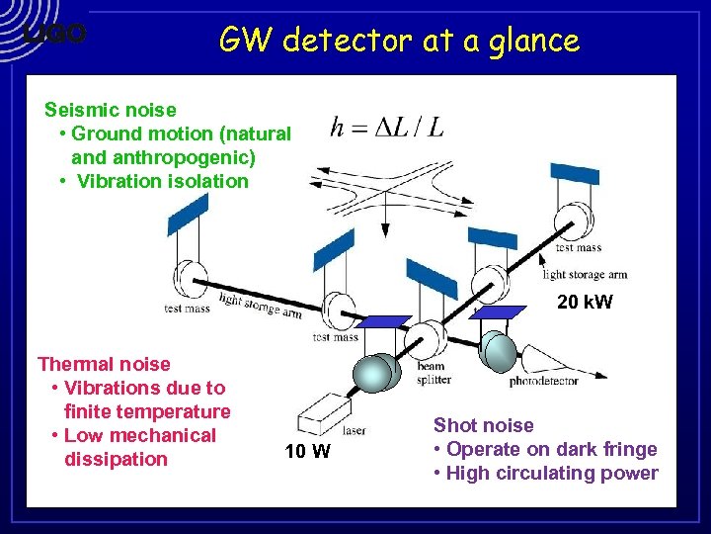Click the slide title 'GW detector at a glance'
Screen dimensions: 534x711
[399, 41]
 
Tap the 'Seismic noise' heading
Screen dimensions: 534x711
[111, 110]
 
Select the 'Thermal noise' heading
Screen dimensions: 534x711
[104, 364]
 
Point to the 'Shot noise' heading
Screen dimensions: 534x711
[483, 425]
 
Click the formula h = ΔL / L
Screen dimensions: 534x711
[387, 128]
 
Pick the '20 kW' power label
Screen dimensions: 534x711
[585, 302]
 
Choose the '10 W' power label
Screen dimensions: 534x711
[308, 452]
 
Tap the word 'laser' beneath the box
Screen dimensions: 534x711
[354, 430]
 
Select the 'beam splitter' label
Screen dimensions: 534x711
[434, 373]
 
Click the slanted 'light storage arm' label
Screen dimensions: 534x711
[261, 308]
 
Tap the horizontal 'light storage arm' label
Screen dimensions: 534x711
[585, 274]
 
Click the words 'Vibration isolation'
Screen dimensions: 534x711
[163, 181]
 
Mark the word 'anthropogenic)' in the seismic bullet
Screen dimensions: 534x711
[193, 157]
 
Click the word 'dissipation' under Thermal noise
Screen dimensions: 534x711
[116, 459]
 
